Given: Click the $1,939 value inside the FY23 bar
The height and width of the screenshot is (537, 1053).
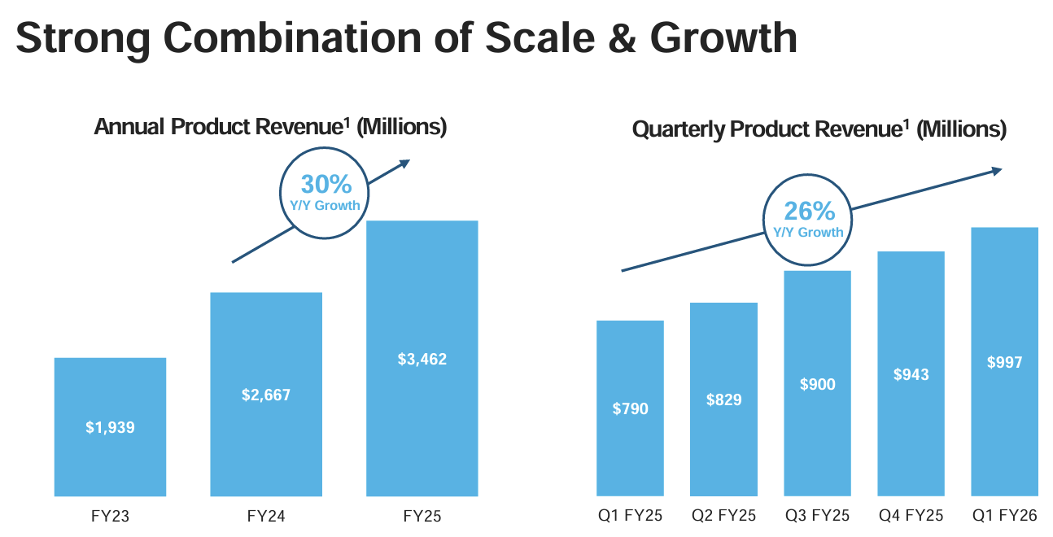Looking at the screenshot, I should click(x=110, y=426).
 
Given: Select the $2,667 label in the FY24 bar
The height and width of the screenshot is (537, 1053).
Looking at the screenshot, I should click(x=266, y=395).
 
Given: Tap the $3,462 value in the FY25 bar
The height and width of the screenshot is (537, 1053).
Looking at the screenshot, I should click(x=422, y=358).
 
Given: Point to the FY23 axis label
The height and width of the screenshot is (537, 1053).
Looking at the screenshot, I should click(x=110, y=516).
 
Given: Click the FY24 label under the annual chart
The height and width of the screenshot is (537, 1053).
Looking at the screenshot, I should click(x=266, y=516).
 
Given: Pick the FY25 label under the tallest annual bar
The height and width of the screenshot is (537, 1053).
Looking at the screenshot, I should click(x=422, y=516).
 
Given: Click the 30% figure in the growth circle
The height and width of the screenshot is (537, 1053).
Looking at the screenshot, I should click(x=326, y=185).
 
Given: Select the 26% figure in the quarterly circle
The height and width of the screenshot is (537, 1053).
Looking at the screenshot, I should click(x=809, y=211).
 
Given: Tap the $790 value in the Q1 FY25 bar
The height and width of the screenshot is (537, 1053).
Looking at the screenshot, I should click(x=631, y=408).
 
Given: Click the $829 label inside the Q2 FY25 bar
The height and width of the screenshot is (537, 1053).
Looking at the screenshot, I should click(x=724, y=399).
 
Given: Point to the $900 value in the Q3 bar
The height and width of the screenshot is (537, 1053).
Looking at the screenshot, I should click(x=818, y=384).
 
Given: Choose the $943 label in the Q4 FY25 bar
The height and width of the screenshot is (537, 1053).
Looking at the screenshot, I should click(x=911, y=374).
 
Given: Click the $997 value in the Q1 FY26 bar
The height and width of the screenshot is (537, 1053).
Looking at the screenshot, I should click(x=1005, y=363).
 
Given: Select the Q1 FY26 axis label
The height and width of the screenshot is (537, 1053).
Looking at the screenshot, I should click(x=1005, y=516).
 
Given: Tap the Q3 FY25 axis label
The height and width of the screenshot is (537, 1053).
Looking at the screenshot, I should click(x=818, y=516).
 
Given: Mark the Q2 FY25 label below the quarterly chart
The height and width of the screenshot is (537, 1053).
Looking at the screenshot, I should click(x=724, y=516).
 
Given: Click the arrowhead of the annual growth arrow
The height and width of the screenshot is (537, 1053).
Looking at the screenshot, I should click(x=404, y=163).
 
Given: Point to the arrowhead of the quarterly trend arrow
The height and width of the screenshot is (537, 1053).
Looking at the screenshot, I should click(x=996, y=169).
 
